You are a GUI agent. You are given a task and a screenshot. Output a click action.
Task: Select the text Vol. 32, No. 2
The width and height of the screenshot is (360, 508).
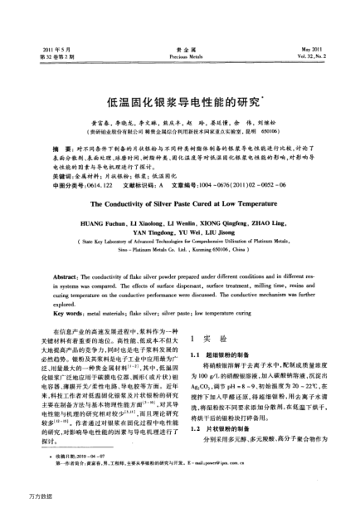click(314, 35)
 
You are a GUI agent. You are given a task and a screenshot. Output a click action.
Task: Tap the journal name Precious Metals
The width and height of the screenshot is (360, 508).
click(179, 35)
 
